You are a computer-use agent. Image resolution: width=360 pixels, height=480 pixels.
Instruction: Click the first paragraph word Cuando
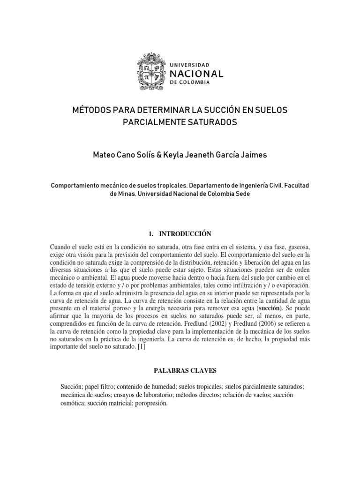(60, 247)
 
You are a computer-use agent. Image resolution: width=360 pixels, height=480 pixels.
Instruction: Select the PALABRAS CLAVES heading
(185, 371)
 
